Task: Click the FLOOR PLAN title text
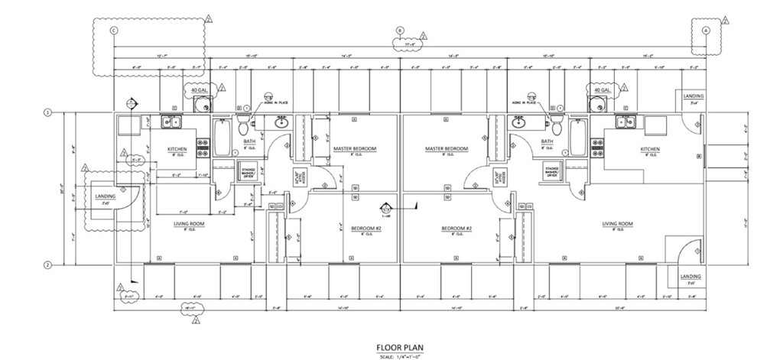click(x=401, y=344)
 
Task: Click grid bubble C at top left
click(x=114, y=31)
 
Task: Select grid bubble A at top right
click(x=705, y=31)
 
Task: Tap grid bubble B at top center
click(x=399, y=31)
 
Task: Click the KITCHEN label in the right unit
click(x=649, y=150)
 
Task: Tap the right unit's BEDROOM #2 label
click(x=457, y=229)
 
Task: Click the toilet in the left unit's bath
click(x=244, y=124)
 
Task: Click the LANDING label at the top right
click(x=694, y=96)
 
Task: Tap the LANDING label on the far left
click(x=106, y=196)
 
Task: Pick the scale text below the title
click(x=401, y=355)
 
